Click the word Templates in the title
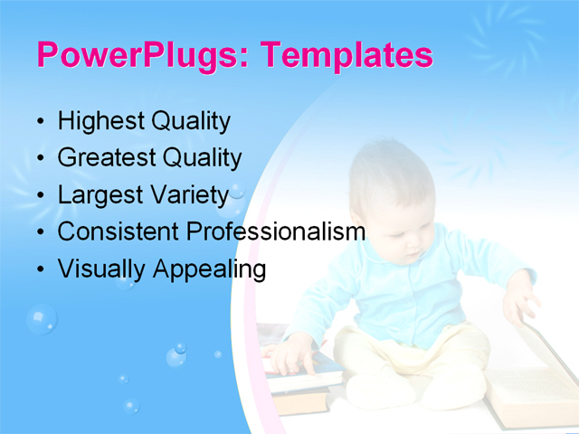tap(346, 56)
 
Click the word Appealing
tap(209, 269)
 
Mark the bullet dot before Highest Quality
tap(40, 122)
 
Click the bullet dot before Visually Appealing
tap(40, 269)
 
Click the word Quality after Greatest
tap(202, 158)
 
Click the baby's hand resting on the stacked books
tap(291, 355)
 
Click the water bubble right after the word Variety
tap(236, 192)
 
